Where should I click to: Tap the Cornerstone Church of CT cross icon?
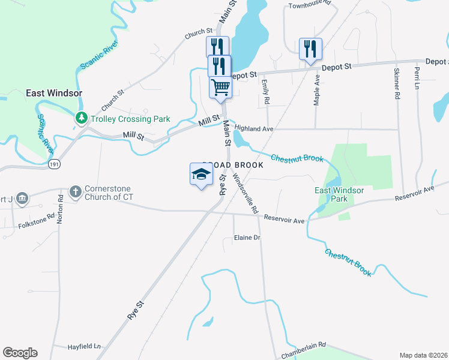(75, 192)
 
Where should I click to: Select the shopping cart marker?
(220, 87)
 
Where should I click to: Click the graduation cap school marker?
(202, 174)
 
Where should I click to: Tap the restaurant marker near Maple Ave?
(310, 49)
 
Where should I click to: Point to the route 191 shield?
(54, 163)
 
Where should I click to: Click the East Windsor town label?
(54, 94)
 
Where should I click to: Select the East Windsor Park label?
(340, 194)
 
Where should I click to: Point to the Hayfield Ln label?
(83, 347)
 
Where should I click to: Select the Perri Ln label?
(416, 78)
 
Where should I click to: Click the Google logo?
(20, 353)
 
